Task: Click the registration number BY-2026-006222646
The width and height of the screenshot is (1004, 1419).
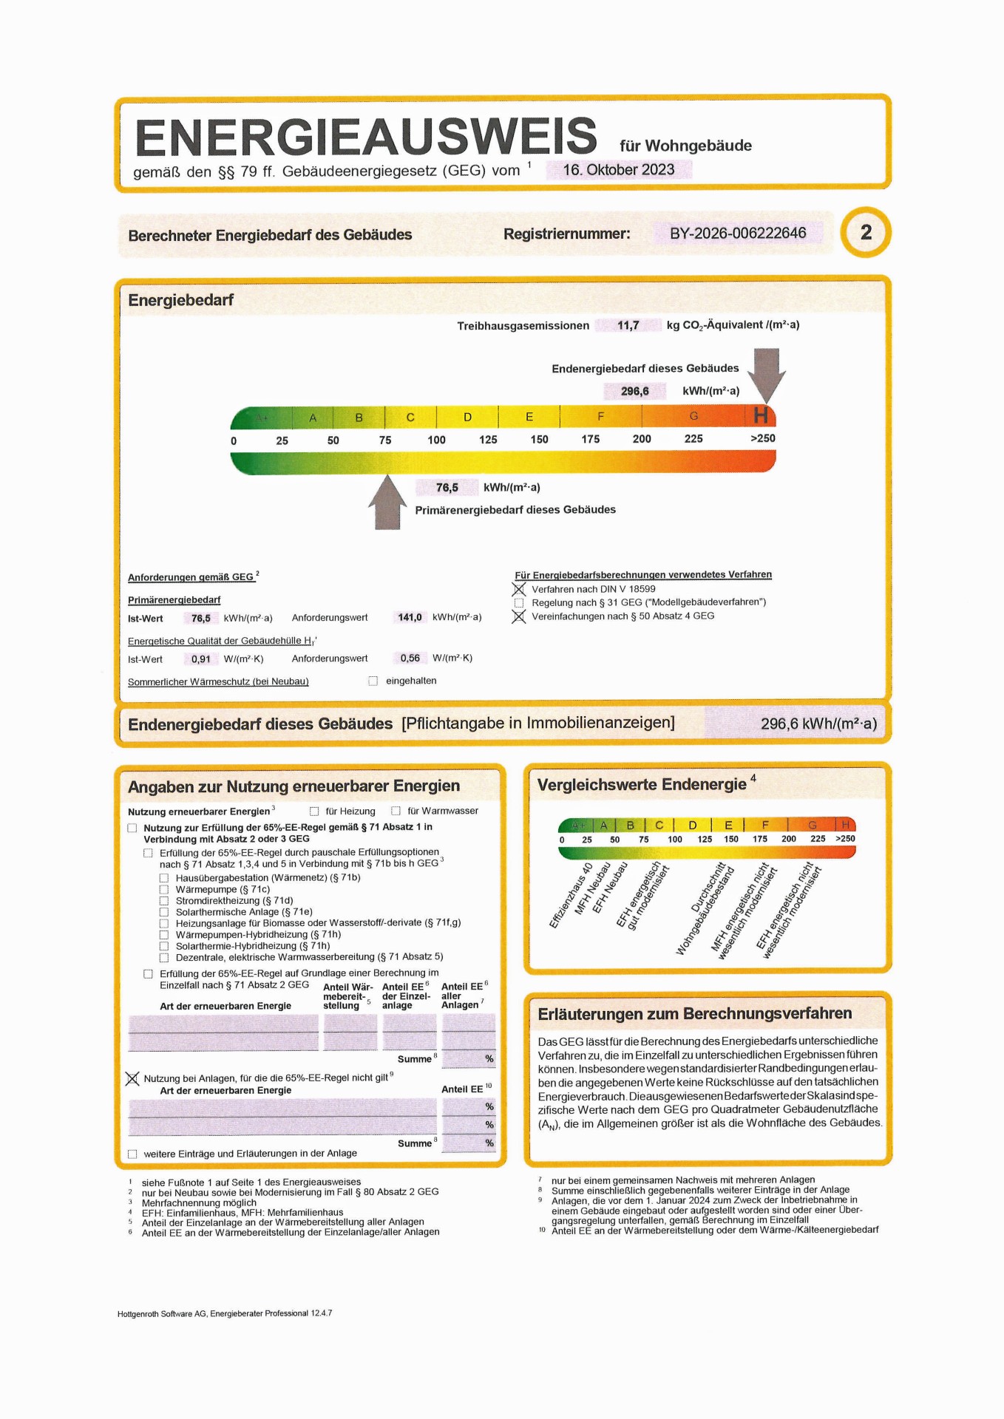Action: point(737,234)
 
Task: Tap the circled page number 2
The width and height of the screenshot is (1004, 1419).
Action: point(866,233)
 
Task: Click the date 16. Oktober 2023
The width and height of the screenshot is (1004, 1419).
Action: point(618,170)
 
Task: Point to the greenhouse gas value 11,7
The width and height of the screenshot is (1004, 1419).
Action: point(628,325)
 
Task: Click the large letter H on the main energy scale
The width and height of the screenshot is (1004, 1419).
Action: point(761,416)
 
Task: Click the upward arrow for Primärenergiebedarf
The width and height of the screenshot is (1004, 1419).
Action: point(387,503)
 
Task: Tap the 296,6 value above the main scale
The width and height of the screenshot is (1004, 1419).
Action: point(634,391)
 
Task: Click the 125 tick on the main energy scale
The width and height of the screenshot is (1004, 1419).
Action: point(488,440)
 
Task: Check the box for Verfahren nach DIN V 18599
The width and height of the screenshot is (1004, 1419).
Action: point(519,590)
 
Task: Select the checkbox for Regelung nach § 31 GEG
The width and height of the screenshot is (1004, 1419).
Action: point(519,603)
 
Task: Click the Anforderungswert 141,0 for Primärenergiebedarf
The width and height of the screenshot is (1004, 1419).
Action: point(410,618)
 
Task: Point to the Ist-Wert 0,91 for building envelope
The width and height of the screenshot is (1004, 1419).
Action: point(200,659)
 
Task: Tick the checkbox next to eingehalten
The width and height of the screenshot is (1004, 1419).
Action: point(373,681)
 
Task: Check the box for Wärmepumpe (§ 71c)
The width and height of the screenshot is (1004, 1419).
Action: point(164,890)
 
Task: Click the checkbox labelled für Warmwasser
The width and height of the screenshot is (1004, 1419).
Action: point(396,811)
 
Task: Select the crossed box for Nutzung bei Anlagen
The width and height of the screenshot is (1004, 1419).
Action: point(132,1079)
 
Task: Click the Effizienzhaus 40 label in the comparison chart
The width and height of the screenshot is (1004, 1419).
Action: point(571,895)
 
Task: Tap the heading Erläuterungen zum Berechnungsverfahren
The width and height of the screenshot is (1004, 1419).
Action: point(694,1014)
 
